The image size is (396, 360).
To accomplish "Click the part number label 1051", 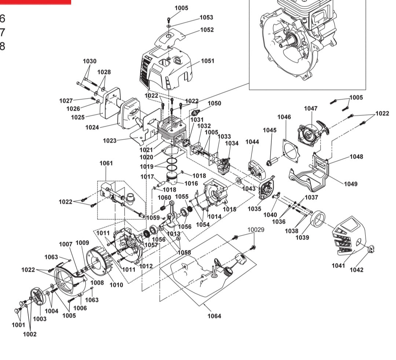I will tap(207, 61).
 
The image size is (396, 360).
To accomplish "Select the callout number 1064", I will tap(214, 316).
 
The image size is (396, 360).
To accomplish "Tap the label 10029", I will tap(256, 230).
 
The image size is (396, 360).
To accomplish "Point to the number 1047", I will tap(311, 108).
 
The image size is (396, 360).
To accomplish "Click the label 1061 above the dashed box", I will tap(106, 163).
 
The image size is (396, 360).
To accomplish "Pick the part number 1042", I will tap(356, 270).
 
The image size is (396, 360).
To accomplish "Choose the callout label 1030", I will tap(89, 61).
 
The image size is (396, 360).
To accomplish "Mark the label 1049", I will tap(351, 183).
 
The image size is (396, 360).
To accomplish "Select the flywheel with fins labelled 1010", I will tap(101, 262).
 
